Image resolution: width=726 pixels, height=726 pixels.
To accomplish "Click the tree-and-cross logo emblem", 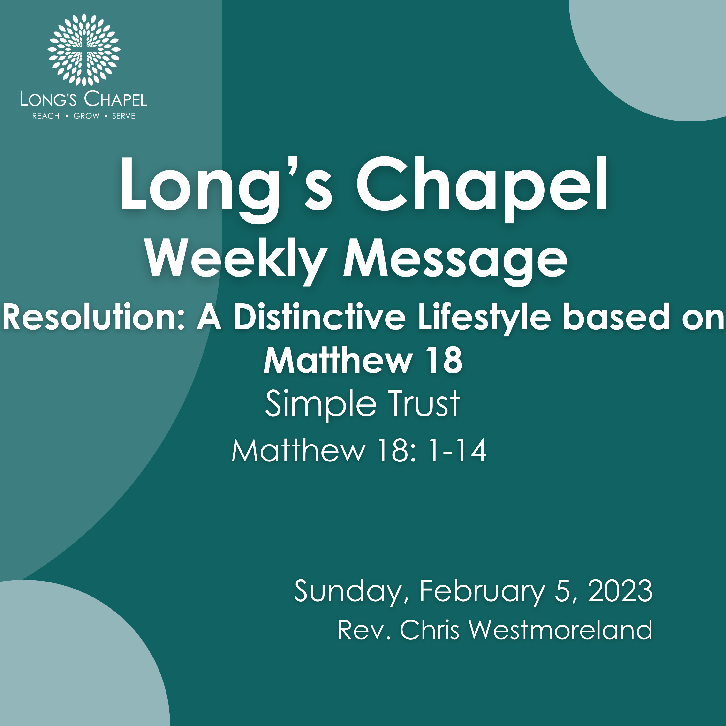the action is pyautogui.click(x=84, y=50).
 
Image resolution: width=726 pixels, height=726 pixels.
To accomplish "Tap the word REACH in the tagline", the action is pyautogui.click(x=46, y=116).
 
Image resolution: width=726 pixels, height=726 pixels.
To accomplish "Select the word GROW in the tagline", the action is pyautogui.click(x=86, y=116).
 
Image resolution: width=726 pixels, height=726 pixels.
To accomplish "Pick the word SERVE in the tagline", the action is pyautogui.click(x=124, y=116).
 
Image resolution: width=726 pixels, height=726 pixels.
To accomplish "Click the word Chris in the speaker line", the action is pyautogui.click(x=430, y=629).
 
